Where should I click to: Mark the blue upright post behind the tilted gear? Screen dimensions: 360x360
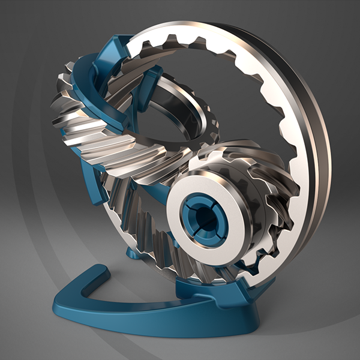[151, 84]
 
